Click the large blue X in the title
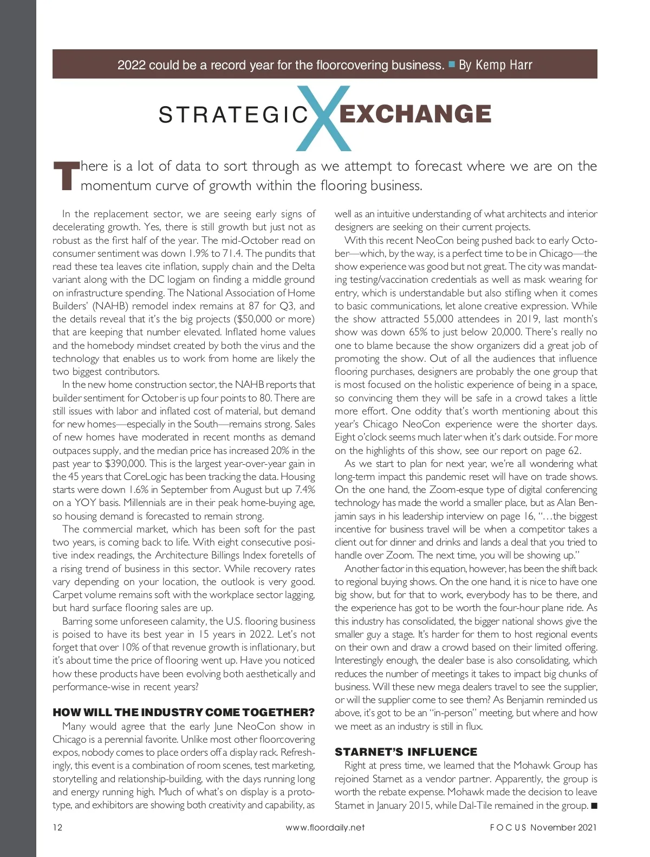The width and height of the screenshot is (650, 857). (x=323, y=118)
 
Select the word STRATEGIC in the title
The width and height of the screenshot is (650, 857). (x=233, y=115)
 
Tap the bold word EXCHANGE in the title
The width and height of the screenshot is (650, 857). (x=415, y=114)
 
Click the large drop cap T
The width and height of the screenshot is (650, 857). (x=66, y=176)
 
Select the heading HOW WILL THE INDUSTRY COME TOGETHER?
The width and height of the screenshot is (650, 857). (x=184, y=712)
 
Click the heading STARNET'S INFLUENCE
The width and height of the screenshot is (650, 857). (x=406, y=752)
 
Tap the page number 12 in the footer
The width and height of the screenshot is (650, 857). (x=57, y=827)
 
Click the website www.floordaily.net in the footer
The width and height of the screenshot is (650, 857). (x=325, y=827)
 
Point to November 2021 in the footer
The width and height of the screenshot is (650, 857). (x=563, y=827)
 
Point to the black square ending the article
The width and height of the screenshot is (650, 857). (x=594, y=806)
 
